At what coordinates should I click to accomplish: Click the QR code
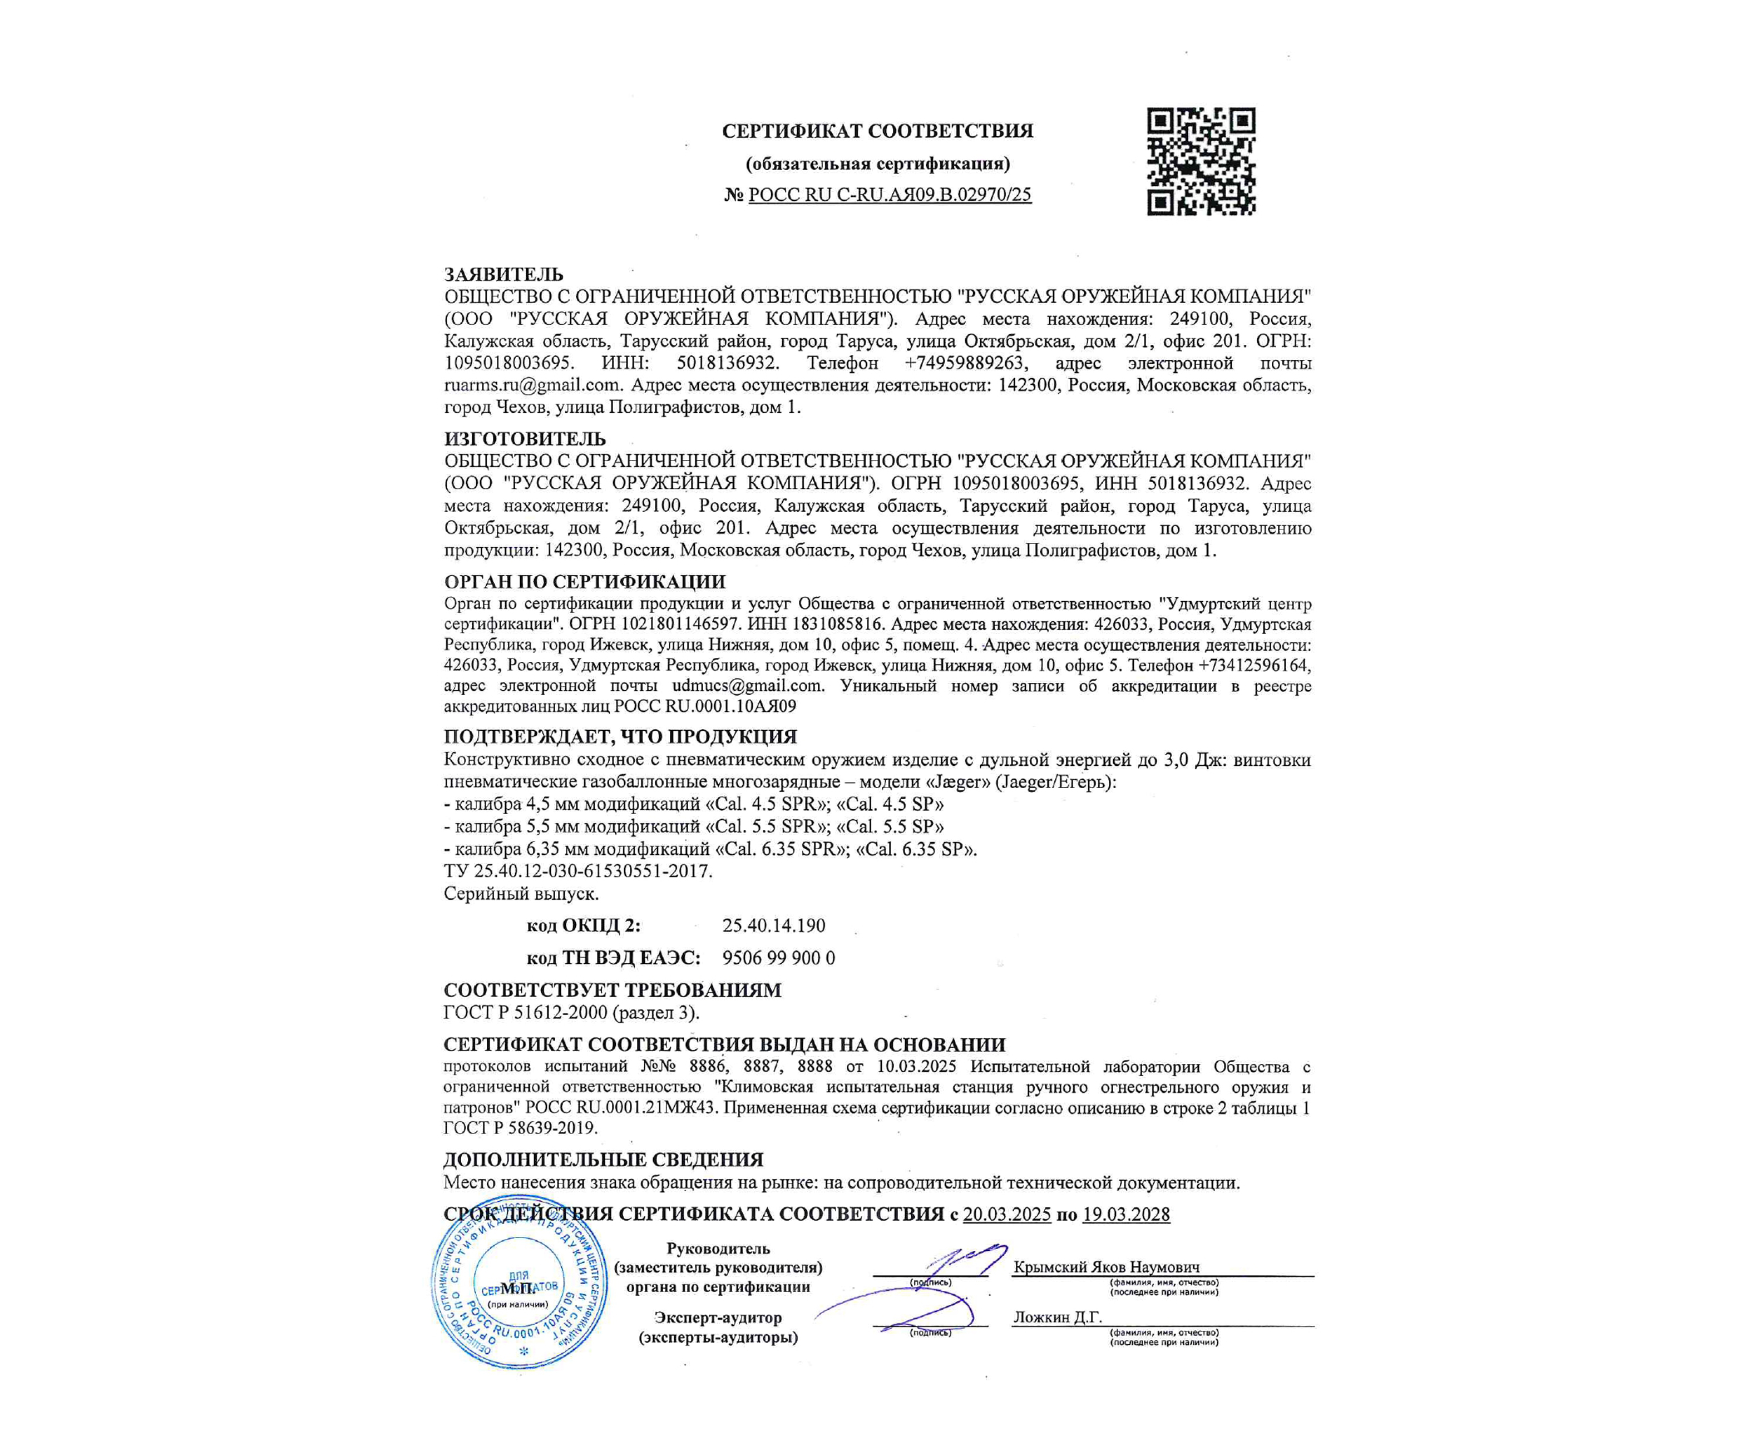[x=1201, y=162]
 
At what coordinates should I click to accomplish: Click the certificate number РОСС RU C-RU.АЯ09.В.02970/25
[x=889, y=195]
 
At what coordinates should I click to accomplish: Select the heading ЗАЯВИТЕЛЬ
[x=503, y=274]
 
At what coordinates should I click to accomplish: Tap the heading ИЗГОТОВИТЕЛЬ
[x=524, y=439]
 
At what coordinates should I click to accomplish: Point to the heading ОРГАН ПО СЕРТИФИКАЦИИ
[x=584, y=581]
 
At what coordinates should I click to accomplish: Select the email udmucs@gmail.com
[x=747, y=686]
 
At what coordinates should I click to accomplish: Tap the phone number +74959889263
[x=966, y=363]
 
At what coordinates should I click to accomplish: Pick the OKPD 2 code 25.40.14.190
[x=773, y=925]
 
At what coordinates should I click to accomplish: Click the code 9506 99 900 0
[x=778, y=958]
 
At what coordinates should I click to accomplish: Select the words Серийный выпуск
[x=521, y=894]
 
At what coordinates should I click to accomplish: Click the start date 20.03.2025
[x=1006, y=1215]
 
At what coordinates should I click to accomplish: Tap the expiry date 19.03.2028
[x=1125, y=1215]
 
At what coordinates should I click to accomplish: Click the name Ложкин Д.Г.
[x=1057, y=1317]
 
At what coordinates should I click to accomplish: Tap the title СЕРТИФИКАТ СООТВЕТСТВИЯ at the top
[x=877, y=131]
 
